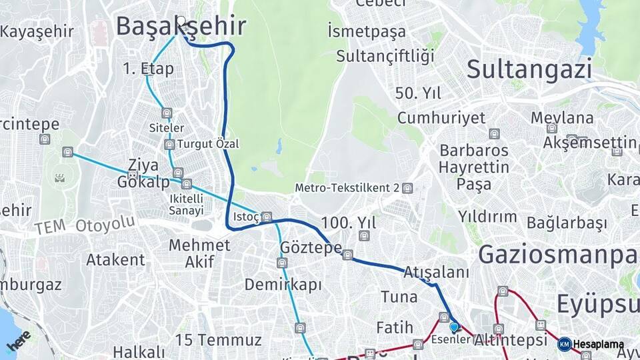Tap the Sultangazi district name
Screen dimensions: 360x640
529,69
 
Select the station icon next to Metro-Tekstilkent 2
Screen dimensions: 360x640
407,189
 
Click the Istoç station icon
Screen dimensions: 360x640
267,217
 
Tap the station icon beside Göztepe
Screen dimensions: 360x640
347,254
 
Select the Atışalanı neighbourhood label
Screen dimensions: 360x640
436,272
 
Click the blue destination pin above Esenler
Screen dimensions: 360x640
454,327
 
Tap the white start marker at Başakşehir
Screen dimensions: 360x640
181,21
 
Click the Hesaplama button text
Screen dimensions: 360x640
599,344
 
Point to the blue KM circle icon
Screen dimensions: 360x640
564,344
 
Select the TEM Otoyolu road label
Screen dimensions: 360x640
85,224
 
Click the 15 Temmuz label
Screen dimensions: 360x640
219,340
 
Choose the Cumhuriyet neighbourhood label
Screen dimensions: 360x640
441,118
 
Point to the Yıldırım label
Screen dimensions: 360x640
487,217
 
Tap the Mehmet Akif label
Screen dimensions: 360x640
199,253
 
